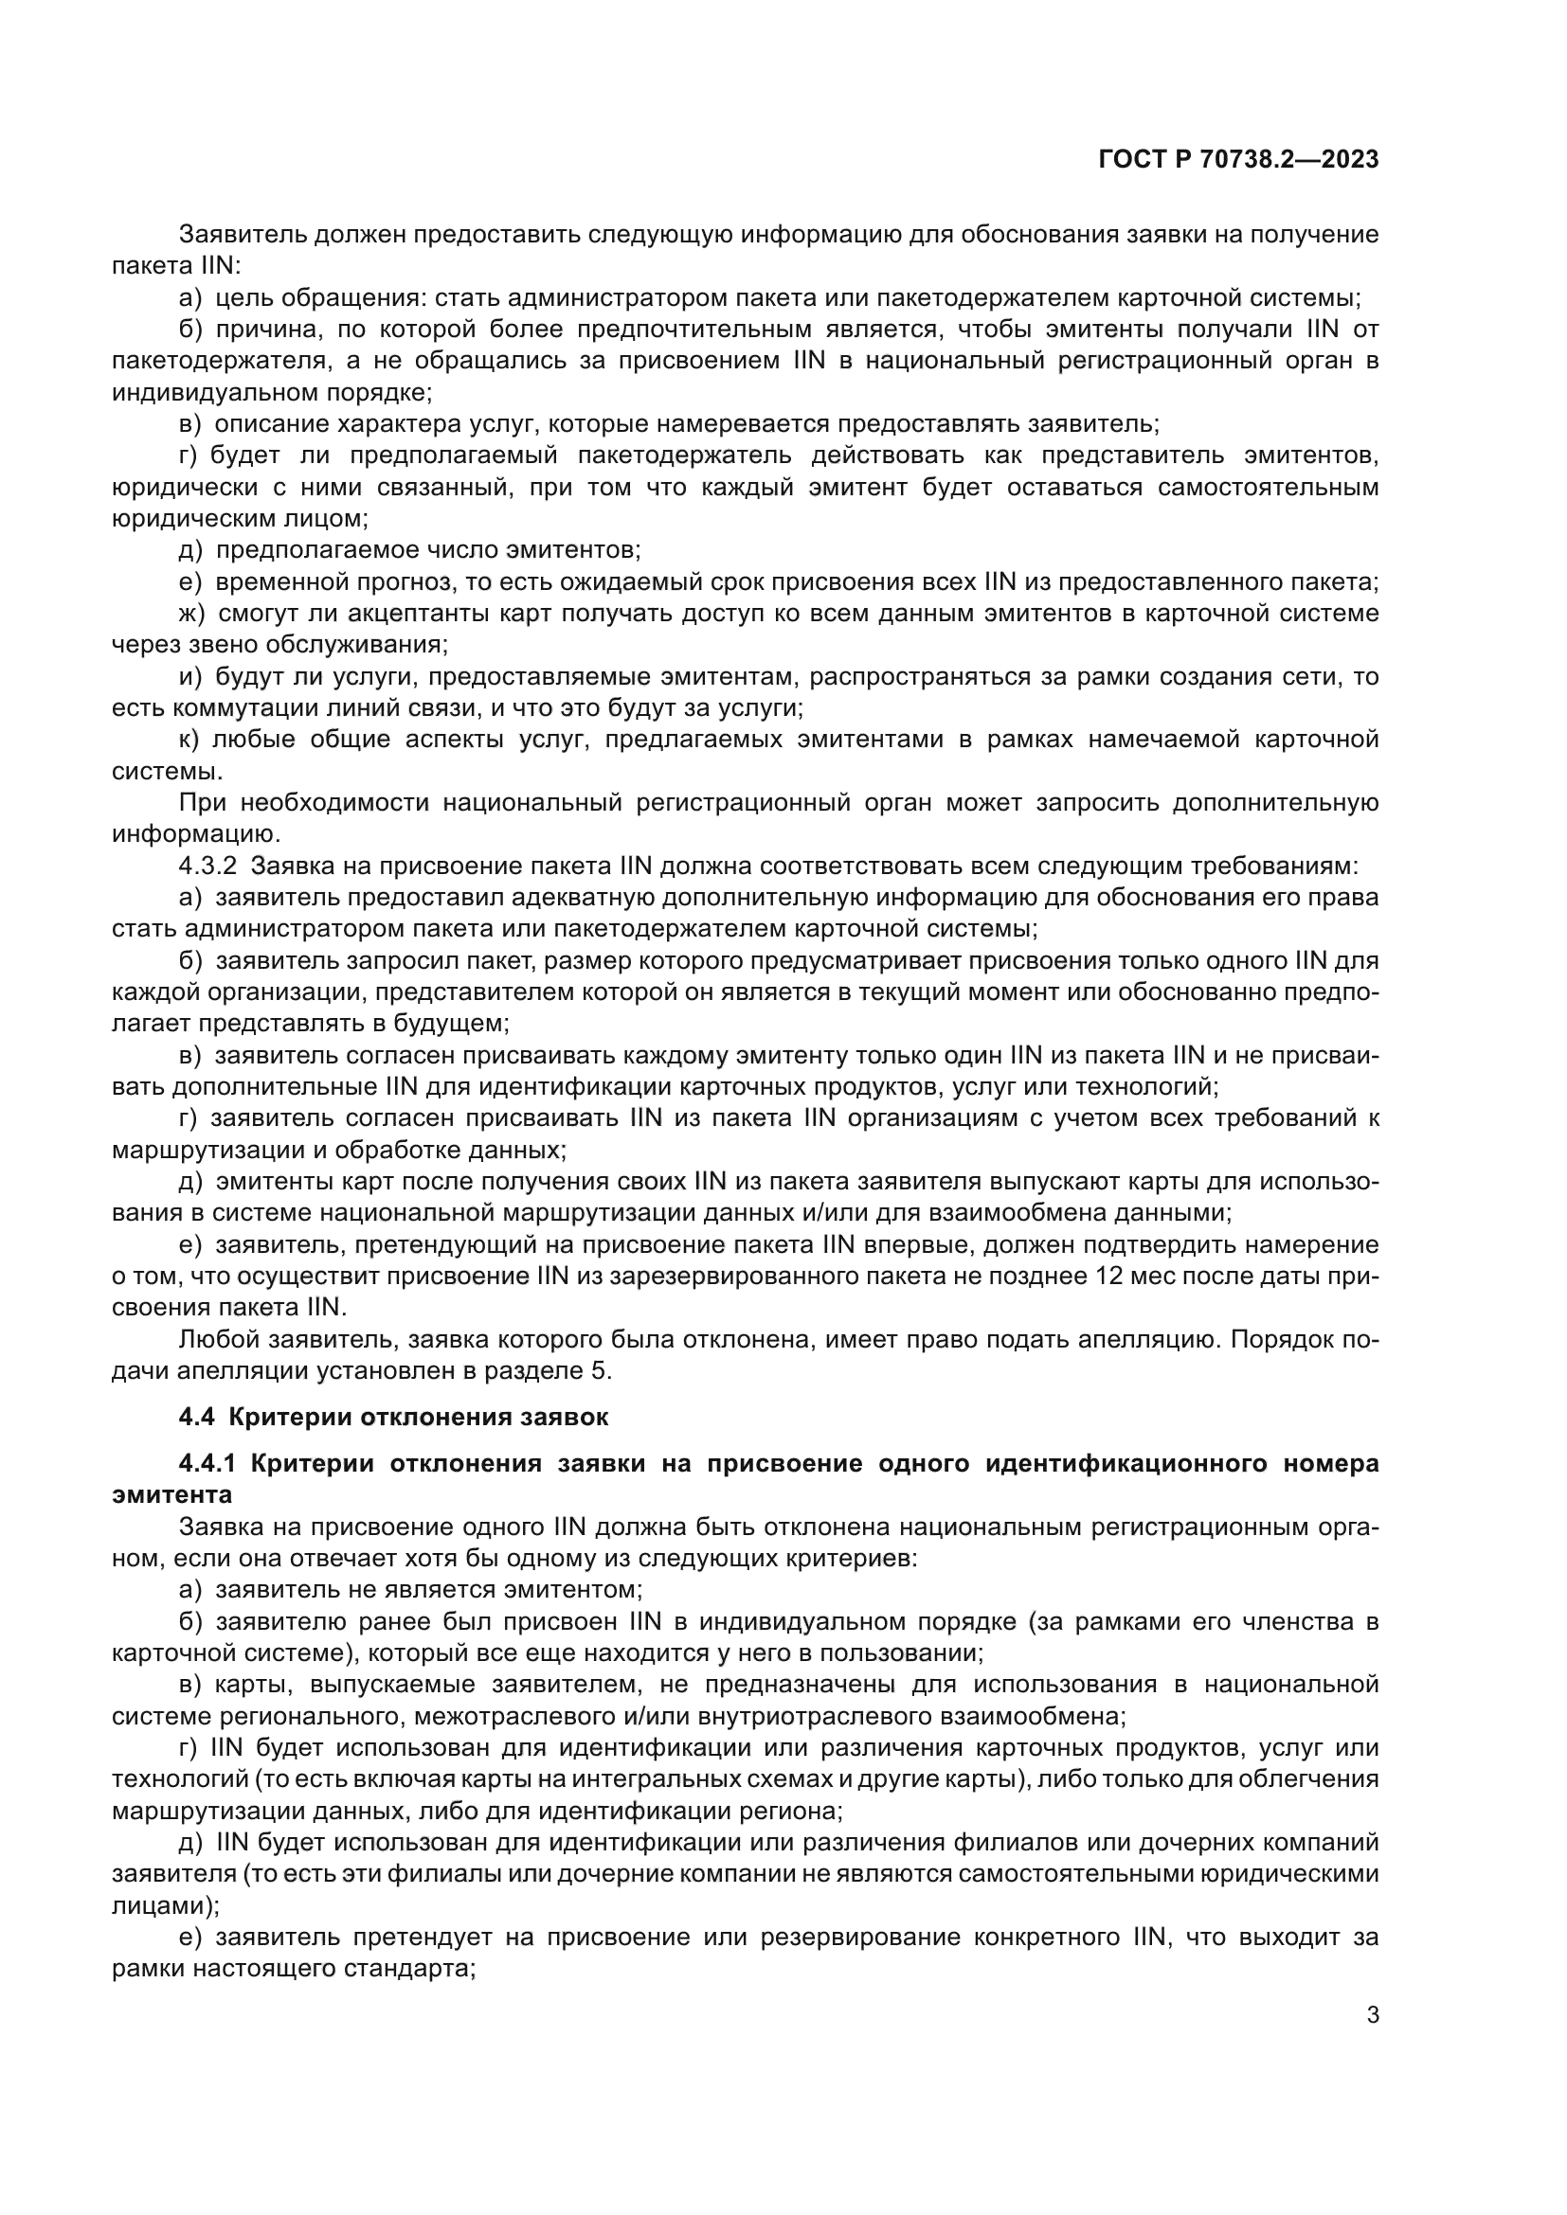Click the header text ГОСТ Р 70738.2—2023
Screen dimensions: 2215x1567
coord(1238,160)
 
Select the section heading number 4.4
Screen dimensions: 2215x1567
coord(197,1418)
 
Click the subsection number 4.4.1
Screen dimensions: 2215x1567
coord(207,1463)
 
